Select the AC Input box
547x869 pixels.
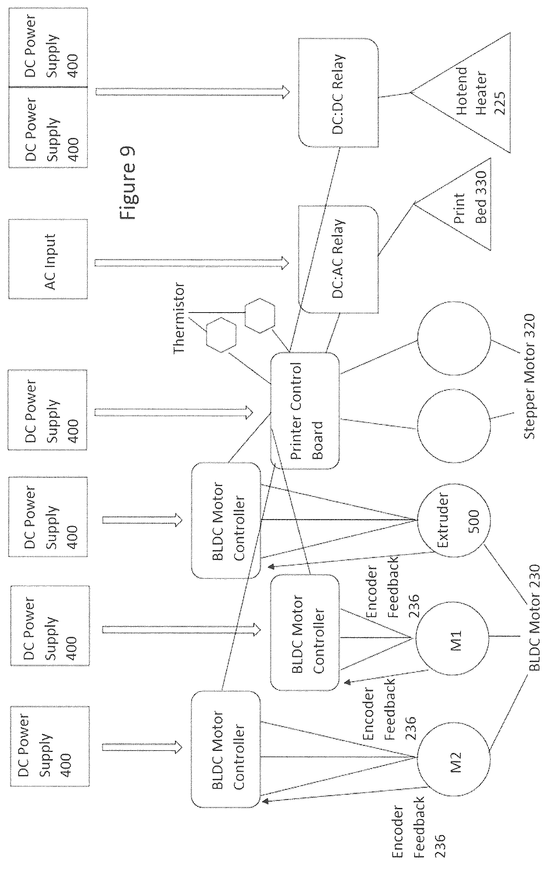[48, 259]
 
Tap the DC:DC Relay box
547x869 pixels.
[338, 93]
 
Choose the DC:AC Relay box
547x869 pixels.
[338, 259]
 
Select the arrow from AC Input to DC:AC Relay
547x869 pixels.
[192, 262]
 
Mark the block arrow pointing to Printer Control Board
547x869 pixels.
[174, 412]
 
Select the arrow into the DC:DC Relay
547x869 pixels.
[193, 92]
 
